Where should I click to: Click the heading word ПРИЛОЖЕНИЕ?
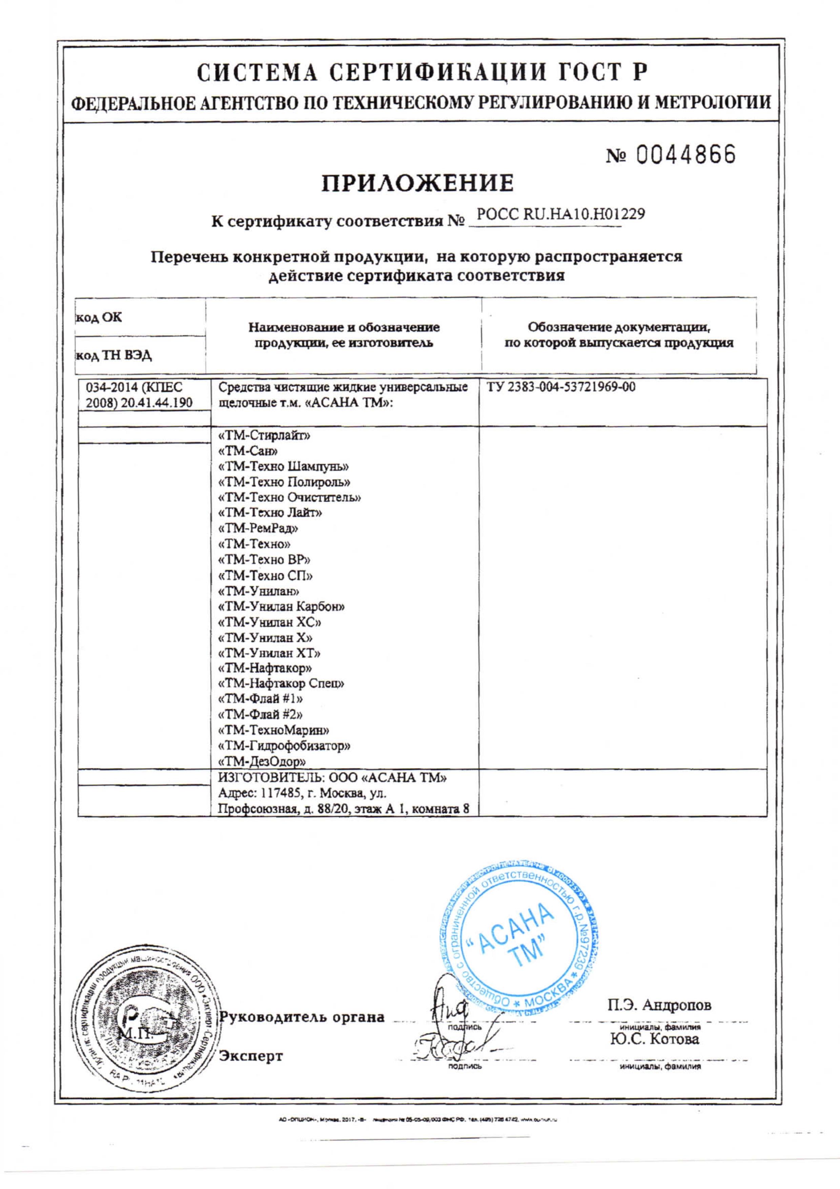pos(418,183)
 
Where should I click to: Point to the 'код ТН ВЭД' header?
pos(114,355)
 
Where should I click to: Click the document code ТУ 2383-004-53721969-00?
pos(561,387)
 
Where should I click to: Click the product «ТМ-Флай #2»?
pos(261,714)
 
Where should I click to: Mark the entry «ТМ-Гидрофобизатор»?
pos(285,746)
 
